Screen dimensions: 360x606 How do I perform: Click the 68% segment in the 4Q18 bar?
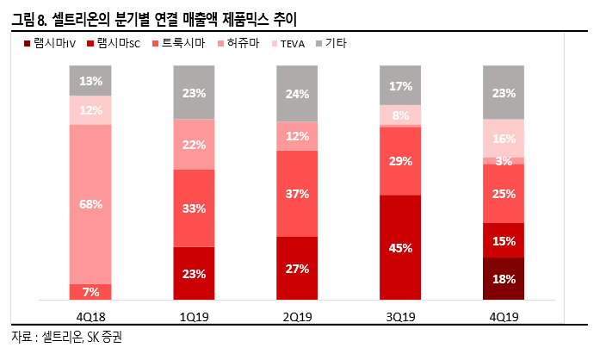pyautogui.click(x=90, y=204)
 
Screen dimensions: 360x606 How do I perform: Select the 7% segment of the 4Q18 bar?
pyautogui.click(x=90, y=292)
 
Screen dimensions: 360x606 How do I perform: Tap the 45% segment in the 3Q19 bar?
pyautogui.click(x=400, y=248)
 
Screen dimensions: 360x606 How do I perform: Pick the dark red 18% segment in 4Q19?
pyautogui.click(x=504, y=279)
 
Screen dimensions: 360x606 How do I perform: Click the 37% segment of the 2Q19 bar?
pyautogui.click(x=297, y=194)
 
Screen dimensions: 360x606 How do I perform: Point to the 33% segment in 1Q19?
pyautogui.click(x=194, y=208)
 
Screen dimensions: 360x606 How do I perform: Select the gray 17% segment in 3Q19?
pyautogui.click(x=400, y=85)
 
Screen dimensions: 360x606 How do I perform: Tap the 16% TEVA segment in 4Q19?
pyautogui.click(x=504, y=138)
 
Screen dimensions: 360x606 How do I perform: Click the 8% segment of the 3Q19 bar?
pyautogui.click(x=400, y=115)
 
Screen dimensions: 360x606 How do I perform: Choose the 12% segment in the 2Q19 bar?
pyautogui.click(x=297, y=136)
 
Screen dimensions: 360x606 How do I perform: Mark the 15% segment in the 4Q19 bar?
pyautogui.click(x=504, y=240)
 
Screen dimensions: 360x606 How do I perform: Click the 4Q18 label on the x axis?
pyautogui.click(x=90, y=316)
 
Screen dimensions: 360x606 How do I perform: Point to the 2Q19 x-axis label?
pyautogui.click(x=297, y=316)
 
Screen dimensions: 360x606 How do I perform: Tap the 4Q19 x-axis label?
pyautogui.click(x=504, y=316)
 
